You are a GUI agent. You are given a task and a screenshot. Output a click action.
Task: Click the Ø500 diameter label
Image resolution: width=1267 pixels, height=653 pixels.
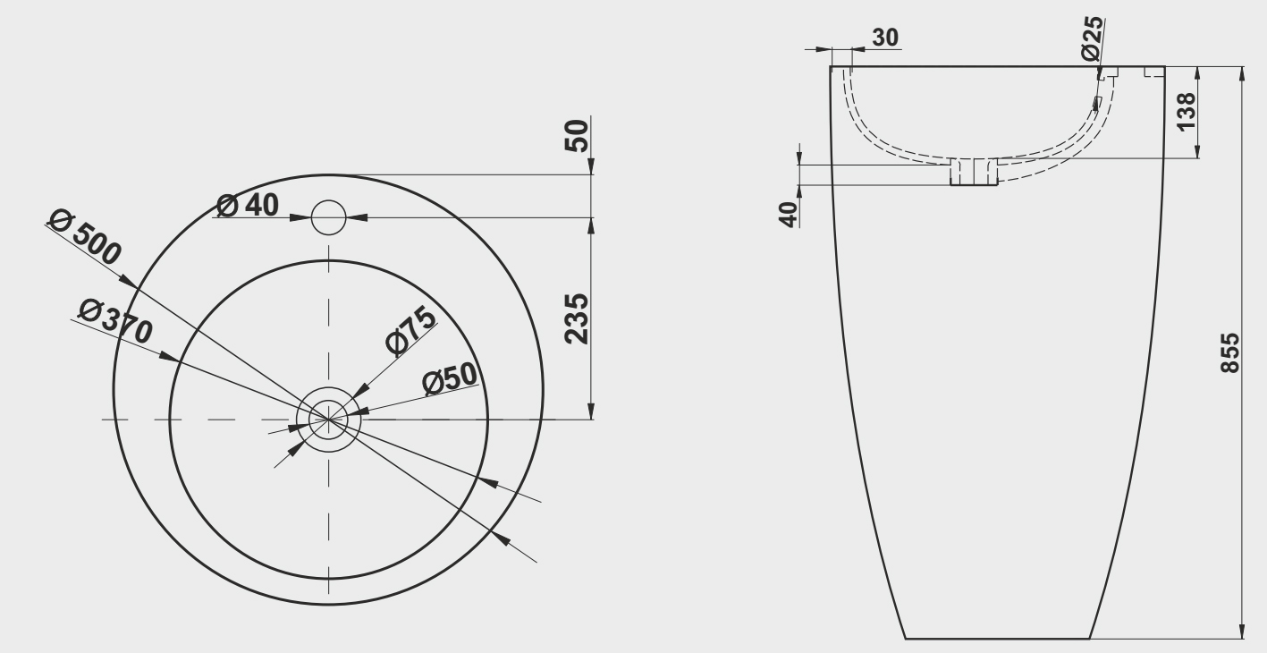tap(85, 236)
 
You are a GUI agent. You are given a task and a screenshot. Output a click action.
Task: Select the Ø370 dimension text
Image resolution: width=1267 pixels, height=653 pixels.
tap(115, 321)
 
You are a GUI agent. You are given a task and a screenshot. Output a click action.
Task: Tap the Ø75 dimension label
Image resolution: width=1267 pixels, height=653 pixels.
tap(410, 331)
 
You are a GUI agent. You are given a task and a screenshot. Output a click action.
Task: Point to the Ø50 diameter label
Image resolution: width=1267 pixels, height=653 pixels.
tap(451, 377)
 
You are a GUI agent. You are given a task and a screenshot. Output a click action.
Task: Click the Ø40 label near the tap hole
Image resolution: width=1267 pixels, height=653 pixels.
tap(248, 204)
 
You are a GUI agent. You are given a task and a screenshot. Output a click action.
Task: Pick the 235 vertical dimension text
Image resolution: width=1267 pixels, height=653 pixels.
tap(577, 318)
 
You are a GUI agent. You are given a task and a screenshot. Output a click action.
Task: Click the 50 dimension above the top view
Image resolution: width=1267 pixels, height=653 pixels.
tap(577, 135)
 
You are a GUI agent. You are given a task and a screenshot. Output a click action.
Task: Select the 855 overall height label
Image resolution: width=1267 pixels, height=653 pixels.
tap(1230, 353)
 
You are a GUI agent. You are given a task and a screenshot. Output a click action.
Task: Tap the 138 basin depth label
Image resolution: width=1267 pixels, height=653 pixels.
tap(1187, 112)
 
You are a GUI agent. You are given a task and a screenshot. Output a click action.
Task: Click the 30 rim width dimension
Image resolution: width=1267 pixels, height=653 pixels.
tap(885, 38)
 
